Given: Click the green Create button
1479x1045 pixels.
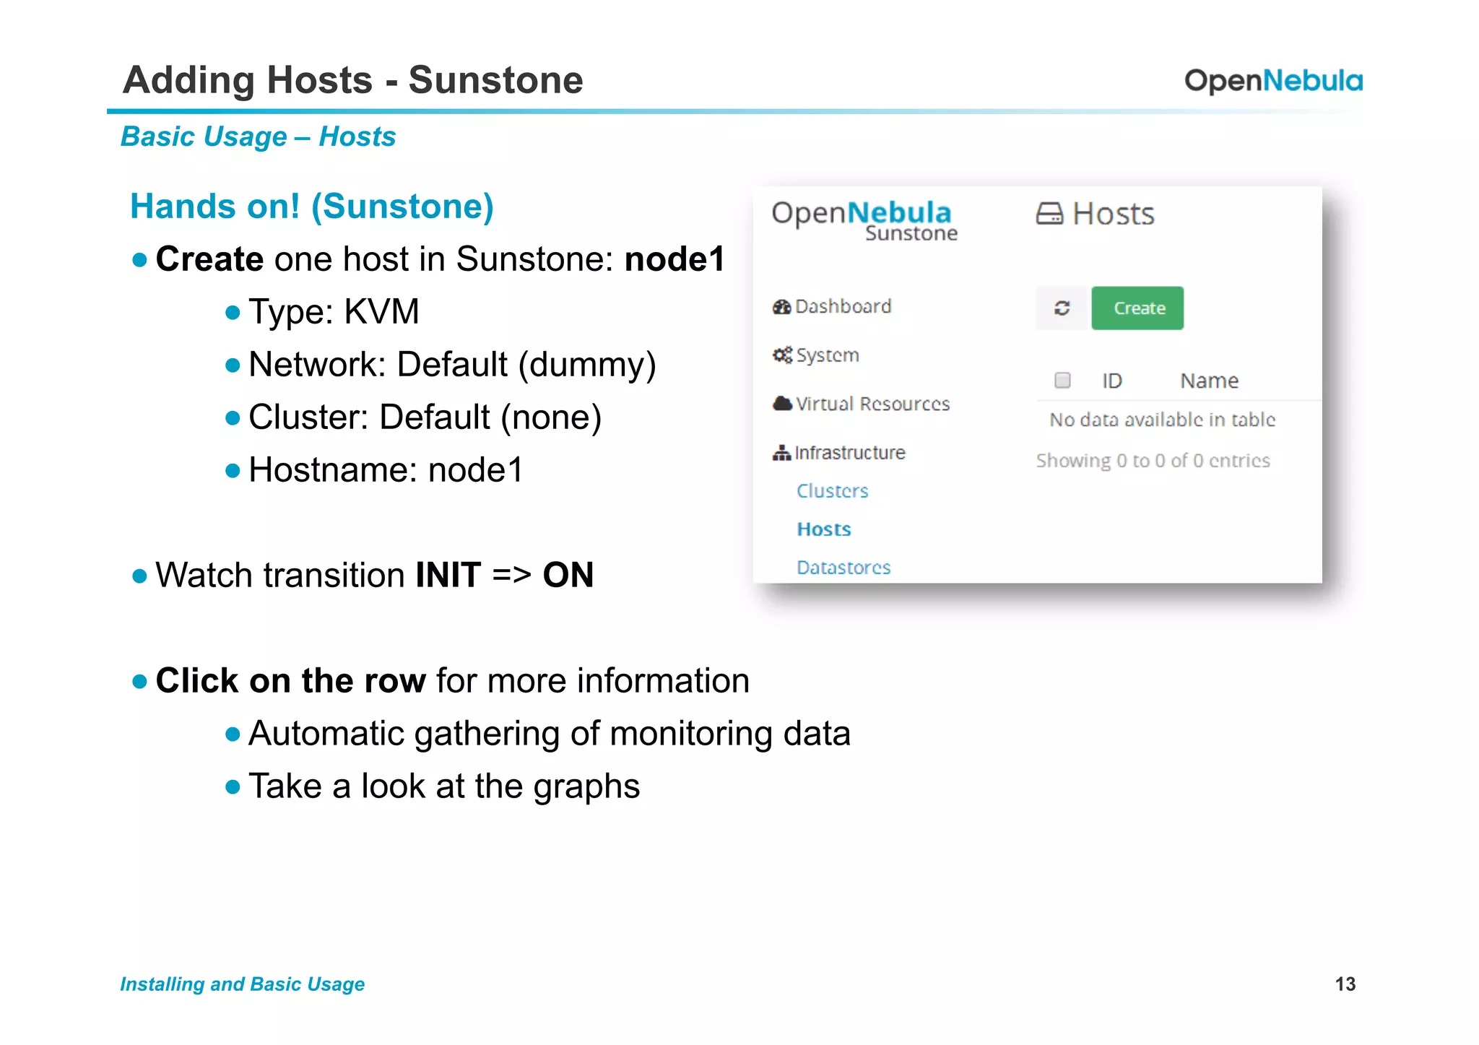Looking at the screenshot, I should [x=1137, y=308].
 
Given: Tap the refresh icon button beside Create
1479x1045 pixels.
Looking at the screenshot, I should [x=1061, y=308].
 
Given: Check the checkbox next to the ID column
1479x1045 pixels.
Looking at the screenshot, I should [x=1062, y=380].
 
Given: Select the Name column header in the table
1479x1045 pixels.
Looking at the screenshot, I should [x=1209, y=381].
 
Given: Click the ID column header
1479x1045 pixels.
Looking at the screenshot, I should [x=1111, y=381].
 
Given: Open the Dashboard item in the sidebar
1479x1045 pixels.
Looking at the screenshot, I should [x=842, y=307].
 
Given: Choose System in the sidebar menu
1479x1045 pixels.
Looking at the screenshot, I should [x=827, y=355].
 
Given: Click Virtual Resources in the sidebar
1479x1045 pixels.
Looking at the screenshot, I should [x=872, y=404].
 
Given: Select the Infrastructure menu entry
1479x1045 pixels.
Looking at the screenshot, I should [x=849, y=453].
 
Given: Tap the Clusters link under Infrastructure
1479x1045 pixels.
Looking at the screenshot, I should [x=832, y=491].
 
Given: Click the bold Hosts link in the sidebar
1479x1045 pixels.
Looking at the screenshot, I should [x=823, y=529].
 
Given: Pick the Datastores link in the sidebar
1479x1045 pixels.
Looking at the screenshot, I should [x=843, y=568].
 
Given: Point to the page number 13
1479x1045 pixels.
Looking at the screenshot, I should [x=1345, y=984].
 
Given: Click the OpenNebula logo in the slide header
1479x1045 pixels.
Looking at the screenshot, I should [x=1273, y=81].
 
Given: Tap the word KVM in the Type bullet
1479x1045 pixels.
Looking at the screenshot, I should [x=381, y=312].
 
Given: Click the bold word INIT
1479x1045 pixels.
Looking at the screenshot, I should [x=448, y=576].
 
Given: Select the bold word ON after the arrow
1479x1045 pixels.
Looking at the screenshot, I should [x=568, y=576].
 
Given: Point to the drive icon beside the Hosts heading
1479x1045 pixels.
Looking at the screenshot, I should [x=1049, y=214].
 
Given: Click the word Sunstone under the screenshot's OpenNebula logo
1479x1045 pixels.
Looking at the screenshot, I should [x=911, y=233].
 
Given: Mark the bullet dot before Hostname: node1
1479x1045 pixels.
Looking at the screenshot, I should [x=232, y=471].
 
